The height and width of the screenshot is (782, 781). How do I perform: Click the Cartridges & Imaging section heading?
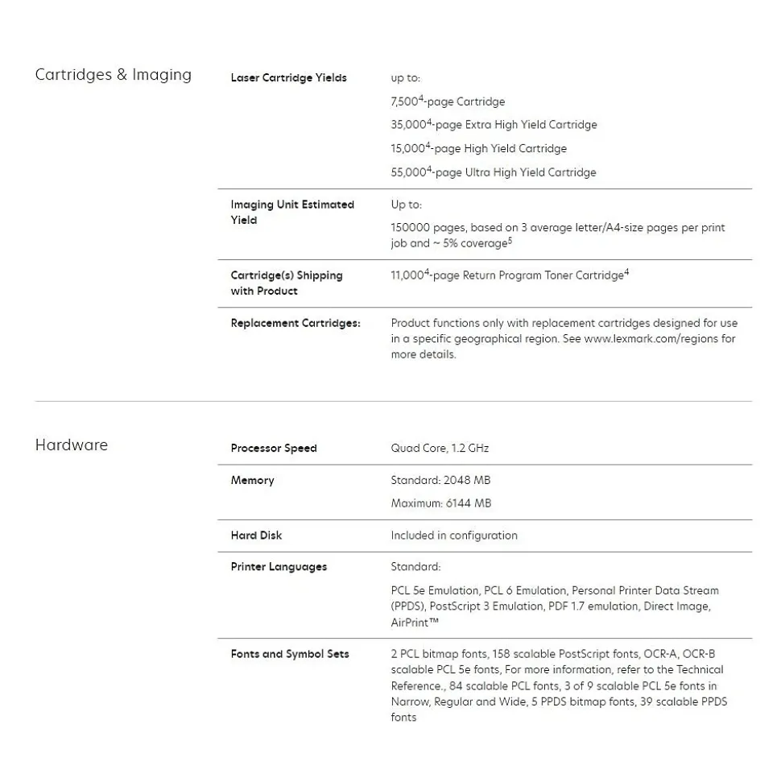[113, 75]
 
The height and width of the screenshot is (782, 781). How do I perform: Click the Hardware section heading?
[71, 445]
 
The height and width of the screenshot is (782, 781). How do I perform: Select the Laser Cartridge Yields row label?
[288, 78]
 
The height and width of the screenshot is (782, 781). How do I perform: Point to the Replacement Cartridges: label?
[295, 323]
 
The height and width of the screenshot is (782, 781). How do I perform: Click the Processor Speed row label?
[273, 449]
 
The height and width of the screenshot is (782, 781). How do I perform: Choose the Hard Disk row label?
[256, 536]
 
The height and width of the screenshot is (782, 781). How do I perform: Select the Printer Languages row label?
[279, 567]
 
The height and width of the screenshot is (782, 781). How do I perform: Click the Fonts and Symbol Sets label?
[289, 654]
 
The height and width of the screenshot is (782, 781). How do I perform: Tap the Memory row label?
[252, 481]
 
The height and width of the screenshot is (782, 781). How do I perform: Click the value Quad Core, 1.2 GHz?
[440, 449]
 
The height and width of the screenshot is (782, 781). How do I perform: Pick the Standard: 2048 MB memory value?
[440, 481]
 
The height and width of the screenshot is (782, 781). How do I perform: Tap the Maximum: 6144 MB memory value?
[440, 503]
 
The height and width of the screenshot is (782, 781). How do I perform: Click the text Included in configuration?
[454, 536]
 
